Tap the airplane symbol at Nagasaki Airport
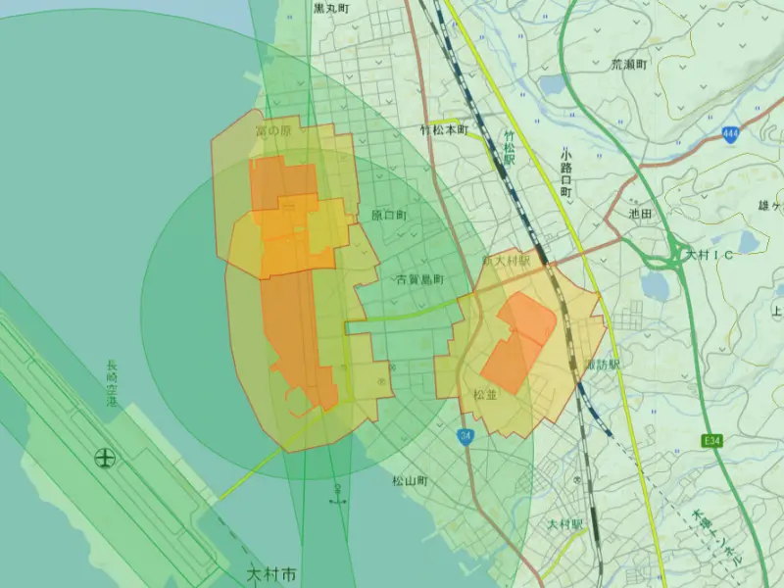click(105, 458)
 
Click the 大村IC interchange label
click(710, 255)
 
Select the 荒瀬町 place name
click(630, 65)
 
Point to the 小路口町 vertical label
click(566, 173)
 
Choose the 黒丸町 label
click(332, 8)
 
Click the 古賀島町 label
click(419, 280)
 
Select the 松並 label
click(485, 395)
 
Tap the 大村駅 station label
click(565, 525)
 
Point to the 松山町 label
click(411, 481)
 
